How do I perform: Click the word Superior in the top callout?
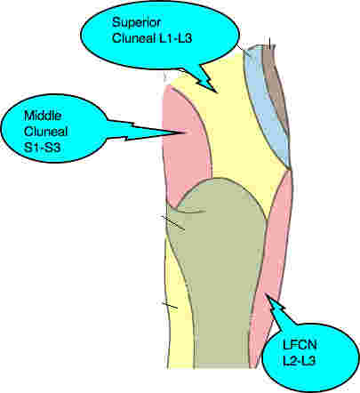pos(137,22)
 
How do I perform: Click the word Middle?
pos(43,116)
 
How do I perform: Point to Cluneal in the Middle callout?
pos(46,132)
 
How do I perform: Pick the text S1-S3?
pos(43,147)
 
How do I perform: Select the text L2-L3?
pos(299,360)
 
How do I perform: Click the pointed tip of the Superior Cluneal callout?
pos(218,92)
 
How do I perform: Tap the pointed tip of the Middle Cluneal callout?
pos(186,132)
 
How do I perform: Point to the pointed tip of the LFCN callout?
pos(266,293)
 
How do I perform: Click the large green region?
pos(220,267)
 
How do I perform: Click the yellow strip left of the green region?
pos(178,311)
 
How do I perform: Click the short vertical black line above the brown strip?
pos(269,43)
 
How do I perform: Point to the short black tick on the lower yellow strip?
pos(170,305)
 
